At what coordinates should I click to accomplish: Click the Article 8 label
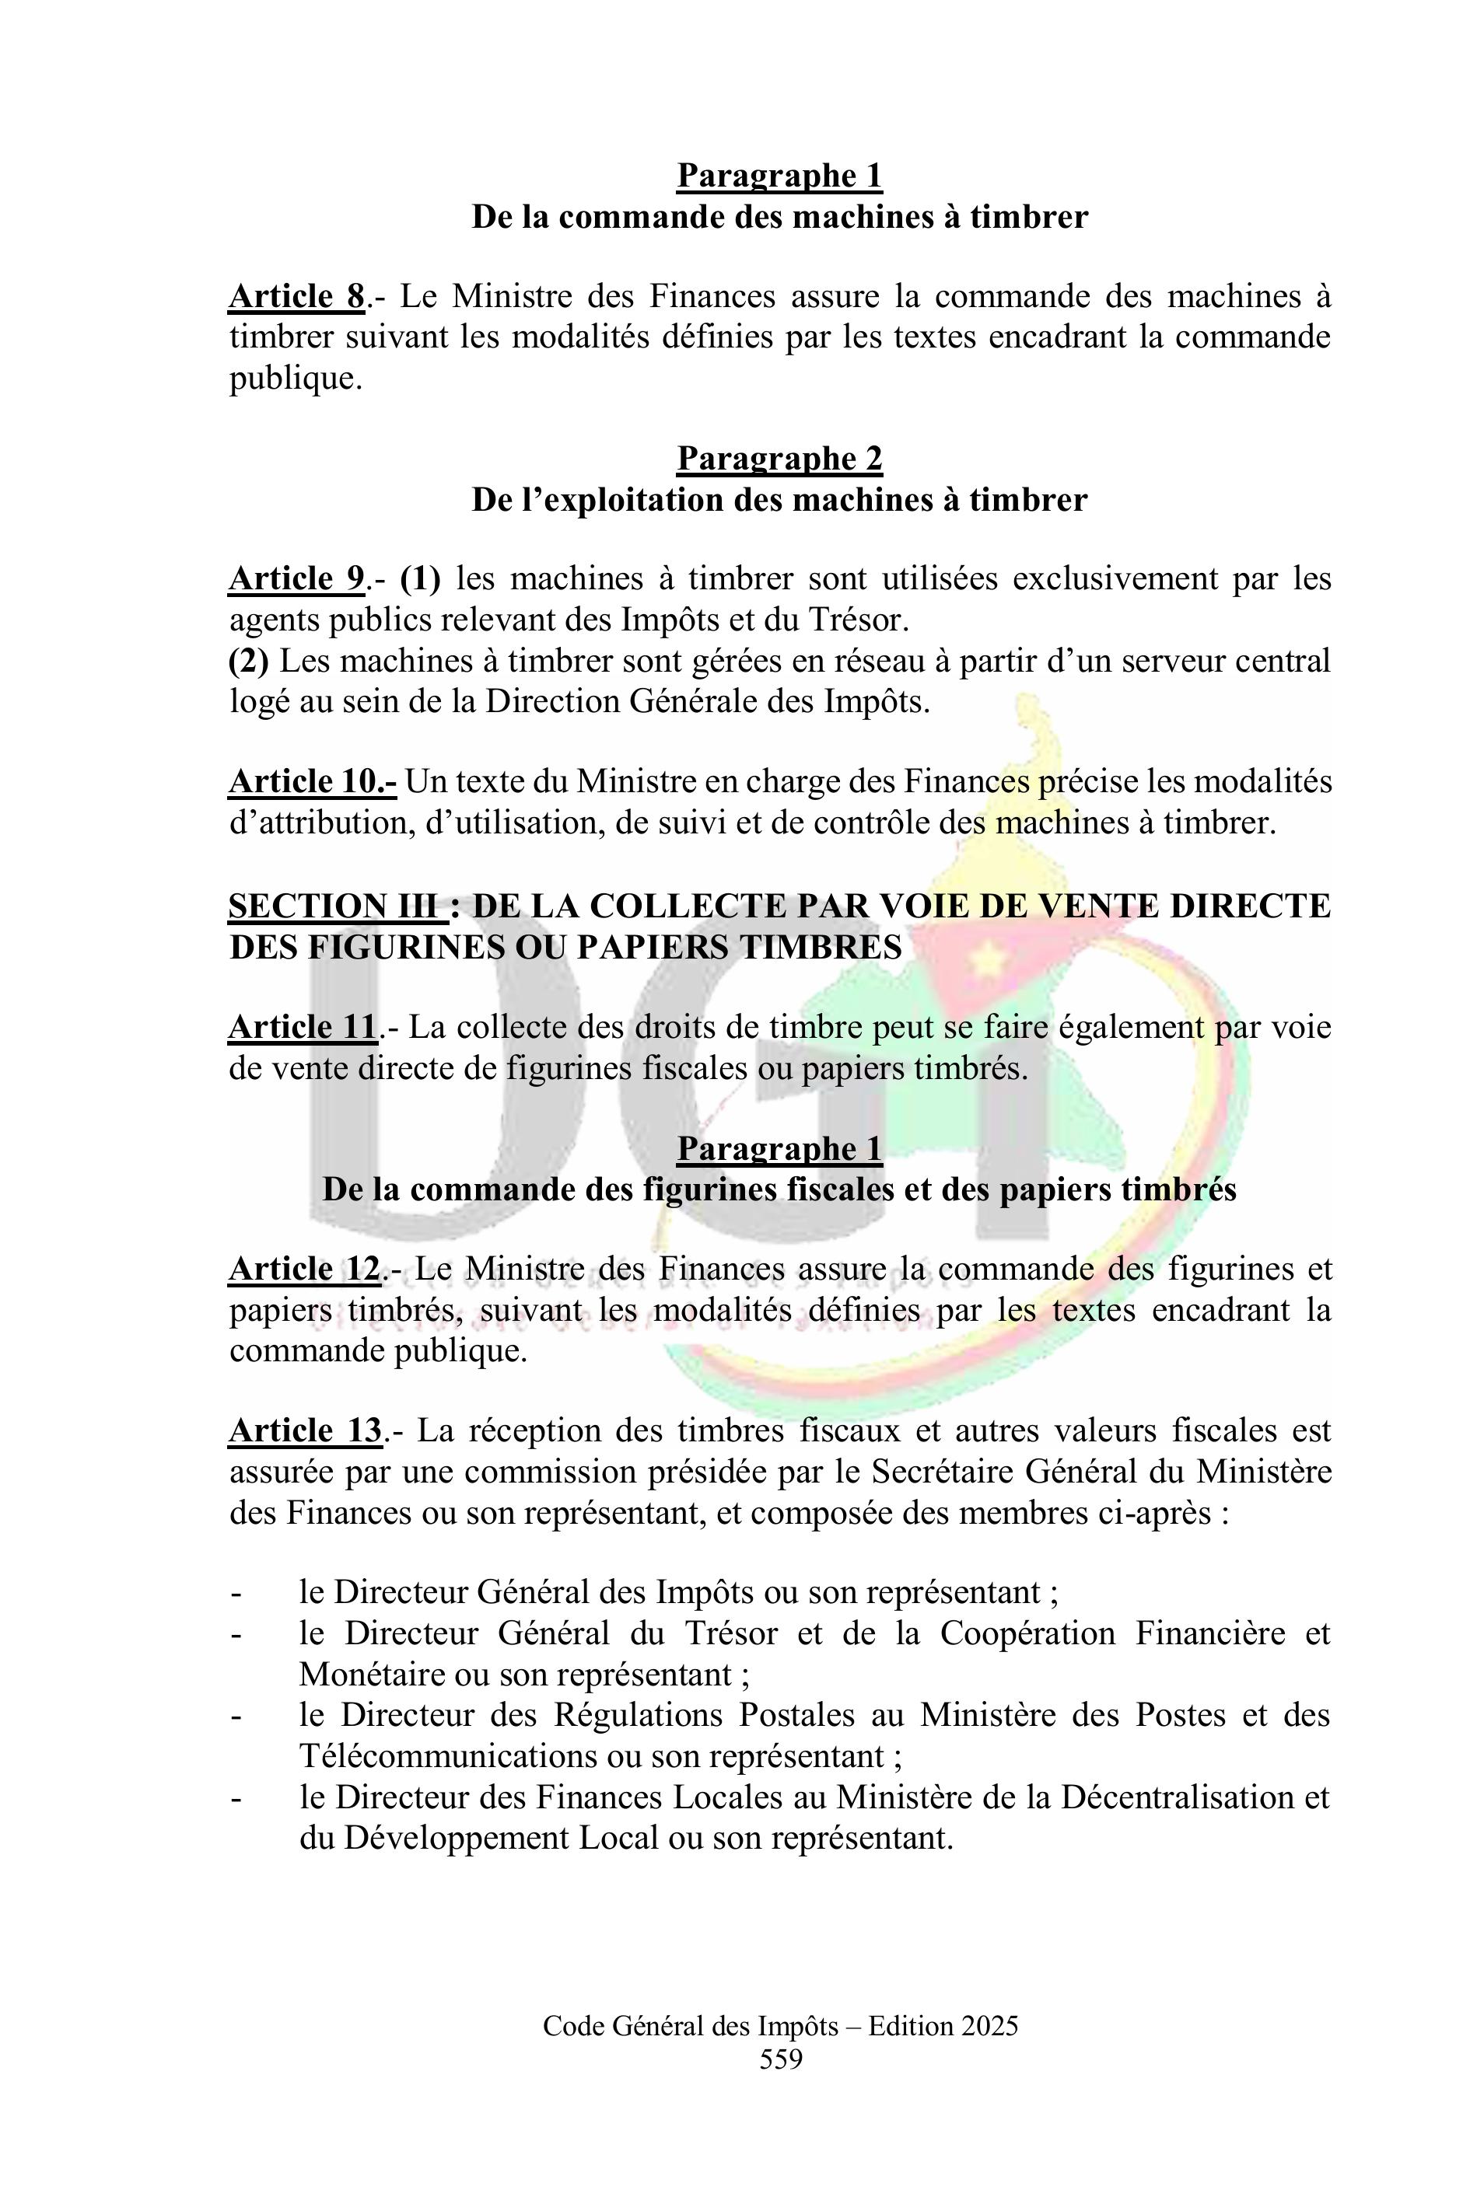[296, 296]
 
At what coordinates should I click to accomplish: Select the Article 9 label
[296, 578]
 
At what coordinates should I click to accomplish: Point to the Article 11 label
[303, 1027]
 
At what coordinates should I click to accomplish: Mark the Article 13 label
[305, 1431]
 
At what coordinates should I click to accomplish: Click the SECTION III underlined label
[333, 906]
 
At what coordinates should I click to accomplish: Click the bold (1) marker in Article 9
[421, 578]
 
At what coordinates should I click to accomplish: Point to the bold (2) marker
[248, 661]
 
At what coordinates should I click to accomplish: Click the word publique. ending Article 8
[296, 379]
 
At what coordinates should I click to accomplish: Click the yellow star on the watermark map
[986, 959]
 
